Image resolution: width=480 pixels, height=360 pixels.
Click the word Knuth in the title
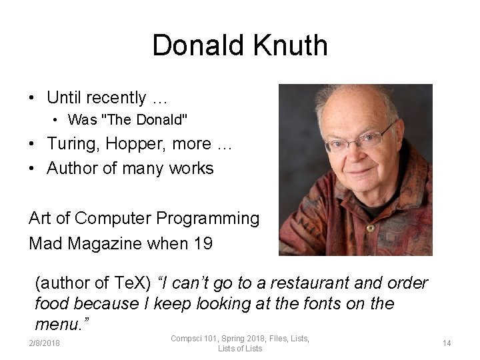291,46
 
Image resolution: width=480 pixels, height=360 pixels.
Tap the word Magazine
105,243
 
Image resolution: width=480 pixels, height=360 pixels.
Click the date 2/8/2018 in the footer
43,343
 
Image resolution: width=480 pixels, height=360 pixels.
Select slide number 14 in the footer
447,343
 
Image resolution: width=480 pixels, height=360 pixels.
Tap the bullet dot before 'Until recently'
32,98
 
